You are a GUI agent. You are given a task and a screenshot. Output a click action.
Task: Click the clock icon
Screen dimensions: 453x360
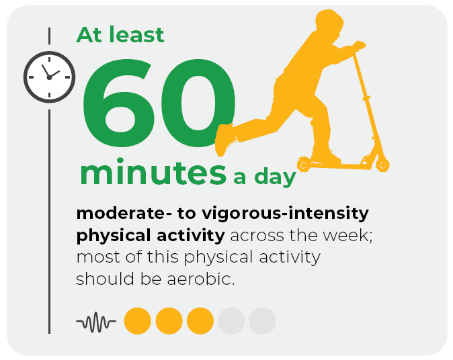[50, 77]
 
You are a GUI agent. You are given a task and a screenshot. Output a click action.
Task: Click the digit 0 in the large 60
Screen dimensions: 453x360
[198, 103]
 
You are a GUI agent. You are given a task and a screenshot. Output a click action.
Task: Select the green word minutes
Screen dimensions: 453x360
[153, 172]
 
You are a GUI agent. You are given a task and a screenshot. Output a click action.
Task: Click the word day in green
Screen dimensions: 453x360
[275, 177]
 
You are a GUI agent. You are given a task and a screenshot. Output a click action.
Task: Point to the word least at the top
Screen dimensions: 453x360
[136, 35]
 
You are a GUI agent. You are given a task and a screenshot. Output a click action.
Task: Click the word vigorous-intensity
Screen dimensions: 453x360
[285, 214]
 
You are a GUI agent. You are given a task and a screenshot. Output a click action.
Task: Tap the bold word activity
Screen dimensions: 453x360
[191, 236]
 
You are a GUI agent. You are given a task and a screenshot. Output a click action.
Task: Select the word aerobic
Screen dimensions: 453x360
[201, 279]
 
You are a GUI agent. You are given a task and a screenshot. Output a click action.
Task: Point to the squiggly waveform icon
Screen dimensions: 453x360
[96, 322]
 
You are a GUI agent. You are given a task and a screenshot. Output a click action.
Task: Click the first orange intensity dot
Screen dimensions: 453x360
[138, 321]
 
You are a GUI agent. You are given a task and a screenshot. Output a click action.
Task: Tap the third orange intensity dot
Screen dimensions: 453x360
[200, 321]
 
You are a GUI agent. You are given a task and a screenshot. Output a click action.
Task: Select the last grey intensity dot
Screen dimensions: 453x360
[262, 321]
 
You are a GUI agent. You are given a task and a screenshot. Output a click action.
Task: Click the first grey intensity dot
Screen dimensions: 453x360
[231, 321]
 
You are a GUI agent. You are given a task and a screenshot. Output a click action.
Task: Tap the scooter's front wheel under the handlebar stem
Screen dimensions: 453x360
[382, 165]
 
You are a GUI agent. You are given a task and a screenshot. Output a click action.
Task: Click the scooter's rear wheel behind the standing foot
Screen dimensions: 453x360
[304, 165]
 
